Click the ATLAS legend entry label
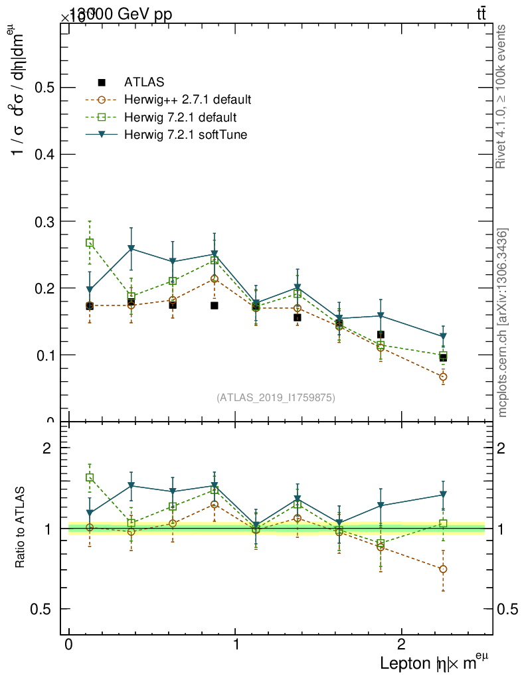[144, 82]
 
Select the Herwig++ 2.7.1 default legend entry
[187, 100]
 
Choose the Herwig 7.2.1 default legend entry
[180, 118]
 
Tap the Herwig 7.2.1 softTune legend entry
[185, 135]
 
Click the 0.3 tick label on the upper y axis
[44, 221]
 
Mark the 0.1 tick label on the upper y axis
[44, 355]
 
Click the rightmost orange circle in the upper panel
[443, 377]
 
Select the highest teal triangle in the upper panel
[131, 249]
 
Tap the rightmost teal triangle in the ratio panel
[443, 495]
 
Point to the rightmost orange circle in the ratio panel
[443, 569]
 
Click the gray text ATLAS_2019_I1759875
[276, 398]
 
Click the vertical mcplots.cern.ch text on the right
[503, 323]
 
